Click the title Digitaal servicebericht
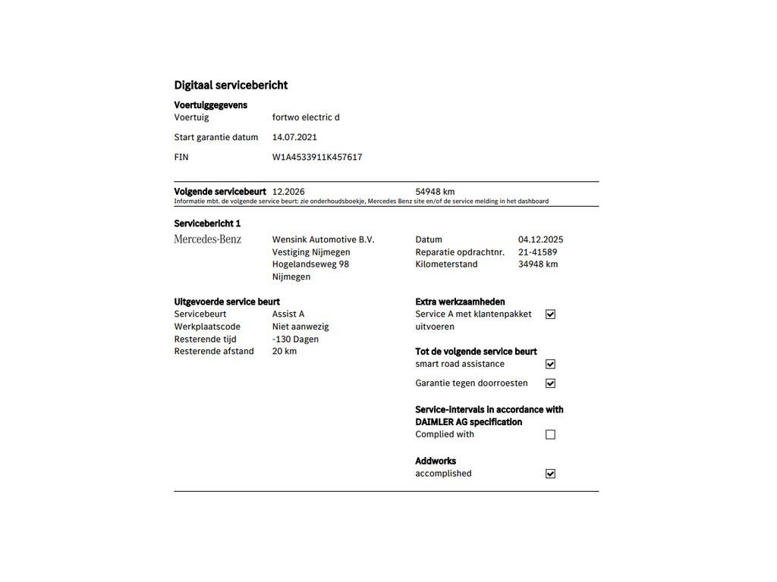click(231, 86)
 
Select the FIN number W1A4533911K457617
click(317, 158)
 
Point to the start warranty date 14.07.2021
click(294, 137)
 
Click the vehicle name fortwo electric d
click(306, 117)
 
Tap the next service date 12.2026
click(288, 192)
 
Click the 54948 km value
click(435, 192)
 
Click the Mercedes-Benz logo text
click(208, 239)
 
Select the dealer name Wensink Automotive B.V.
click(323, 239)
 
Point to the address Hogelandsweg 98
click(310, 264)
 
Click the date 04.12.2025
click(540, 239)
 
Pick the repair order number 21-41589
click(537, 252)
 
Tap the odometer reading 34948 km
click(538, 264)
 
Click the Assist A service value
click(288, 314)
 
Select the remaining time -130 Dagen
click(295, 339)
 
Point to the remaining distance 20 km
click(285, 352)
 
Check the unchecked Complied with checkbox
click(550, 435)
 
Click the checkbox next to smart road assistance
click(550, 365)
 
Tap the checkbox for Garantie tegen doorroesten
click(550, 383)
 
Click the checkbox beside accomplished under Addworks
click(550, 474)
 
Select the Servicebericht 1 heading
click(207, 224)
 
